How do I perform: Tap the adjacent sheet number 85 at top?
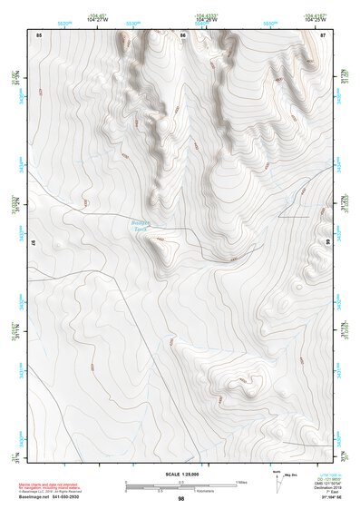39,34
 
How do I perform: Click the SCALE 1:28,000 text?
180,474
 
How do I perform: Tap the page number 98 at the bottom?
180,499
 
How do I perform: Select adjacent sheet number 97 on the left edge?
34,243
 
